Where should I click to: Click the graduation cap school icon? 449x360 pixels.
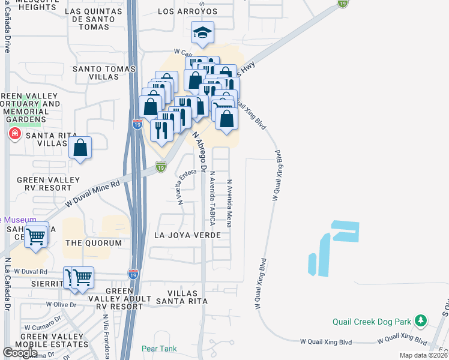(203, 33)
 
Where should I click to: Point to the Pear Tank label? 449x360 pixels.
(157, 349)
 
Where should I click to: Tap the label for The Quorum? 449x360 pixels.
(93, 242)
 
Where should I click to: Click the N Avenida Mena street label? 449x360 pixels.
(229, 203)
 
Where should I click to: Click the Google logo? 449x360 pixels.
(20, 353)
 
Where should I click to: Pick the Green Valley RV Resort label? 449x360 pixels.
(48, 184)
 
